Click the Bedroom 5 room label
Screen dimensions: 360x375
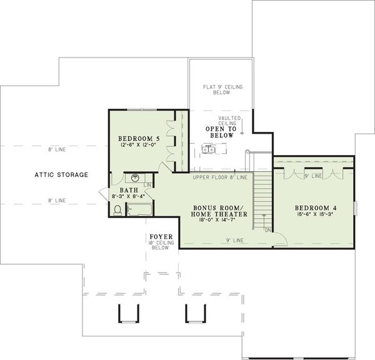click(136, 138)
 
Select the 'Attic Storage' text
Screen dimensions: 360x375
click(61, 174)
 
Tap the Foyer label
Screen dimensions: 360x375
click(157, 237)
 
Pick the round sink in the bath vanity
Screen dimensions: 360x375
click(134, 178)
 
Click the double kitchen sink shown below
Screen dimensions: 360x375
click(209, 149)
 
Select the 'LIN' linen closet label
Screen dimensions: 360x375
click(148, 185)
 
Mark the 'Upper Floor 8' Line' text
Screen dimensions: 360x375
click(220, 178)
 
